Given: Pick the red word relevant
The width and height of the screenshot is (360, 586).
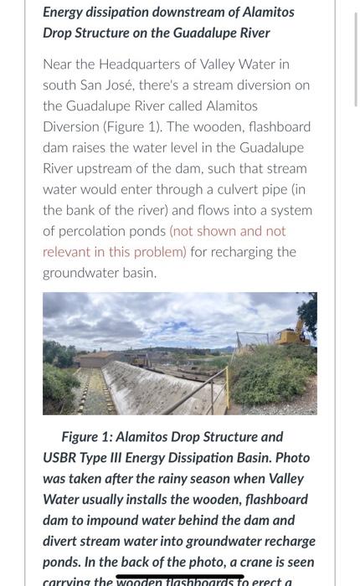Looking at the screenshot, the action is (70, 252).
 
